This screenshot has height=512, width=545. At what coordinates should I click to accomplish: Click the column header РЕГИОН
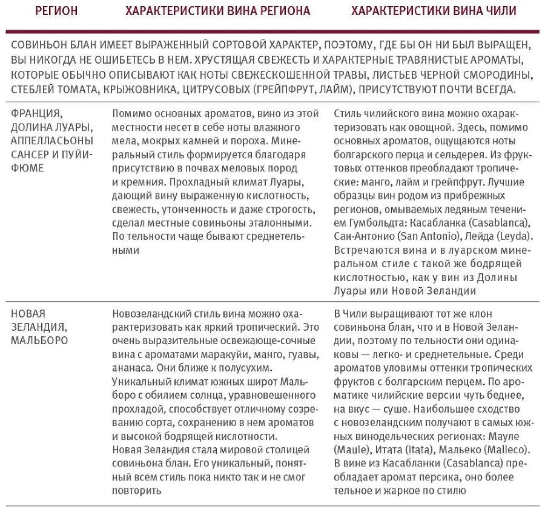56,11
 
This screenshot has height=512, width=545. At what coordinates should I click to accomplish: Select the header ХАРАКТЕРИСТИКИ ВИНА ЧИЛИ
433,11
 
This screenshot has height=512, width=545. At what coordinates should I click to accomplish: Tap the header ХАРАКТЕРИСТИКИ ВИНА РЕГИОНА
217,11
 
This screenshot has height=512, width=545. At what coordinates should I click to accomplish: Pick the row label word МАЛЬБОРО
39,341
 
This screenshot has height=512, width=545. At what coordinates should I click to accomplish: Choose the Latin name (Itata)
418,450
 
